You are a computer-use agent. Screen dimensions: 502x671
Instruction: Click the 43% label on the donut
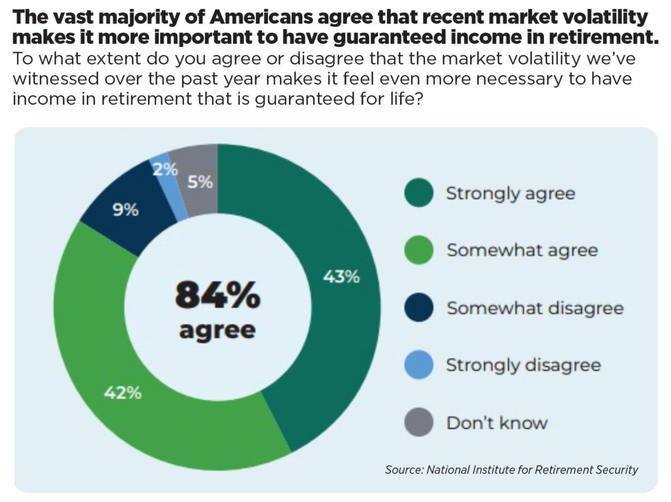342,277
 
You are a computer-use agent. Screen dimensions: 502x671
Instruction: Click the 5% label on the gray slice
200,182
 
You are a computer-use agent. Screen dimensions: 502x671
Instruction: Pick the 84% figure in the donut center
218,296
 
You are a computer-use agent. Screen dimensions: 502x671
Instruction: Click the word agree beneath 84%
218,330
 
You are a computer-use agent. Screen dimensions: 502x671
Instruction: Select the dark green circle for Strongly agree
418,193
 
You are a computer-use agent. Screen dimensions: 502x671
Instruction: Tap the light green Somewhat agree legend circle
418,250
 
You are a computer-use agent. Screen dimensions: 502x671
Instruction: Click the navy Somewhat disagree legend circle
418,307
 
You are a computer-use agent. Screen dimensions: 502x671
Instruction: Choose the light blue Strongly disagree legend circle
418,365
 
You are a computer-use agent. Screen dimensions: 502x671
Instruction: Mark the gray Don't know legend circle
418,422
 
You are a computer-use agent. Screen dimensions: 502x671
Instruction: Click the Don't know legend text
497,423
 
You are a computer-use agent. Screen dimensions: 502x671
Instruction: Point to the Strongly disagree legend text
523,365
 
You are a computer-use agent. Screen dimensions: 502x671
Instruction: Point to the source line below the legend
511,469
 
